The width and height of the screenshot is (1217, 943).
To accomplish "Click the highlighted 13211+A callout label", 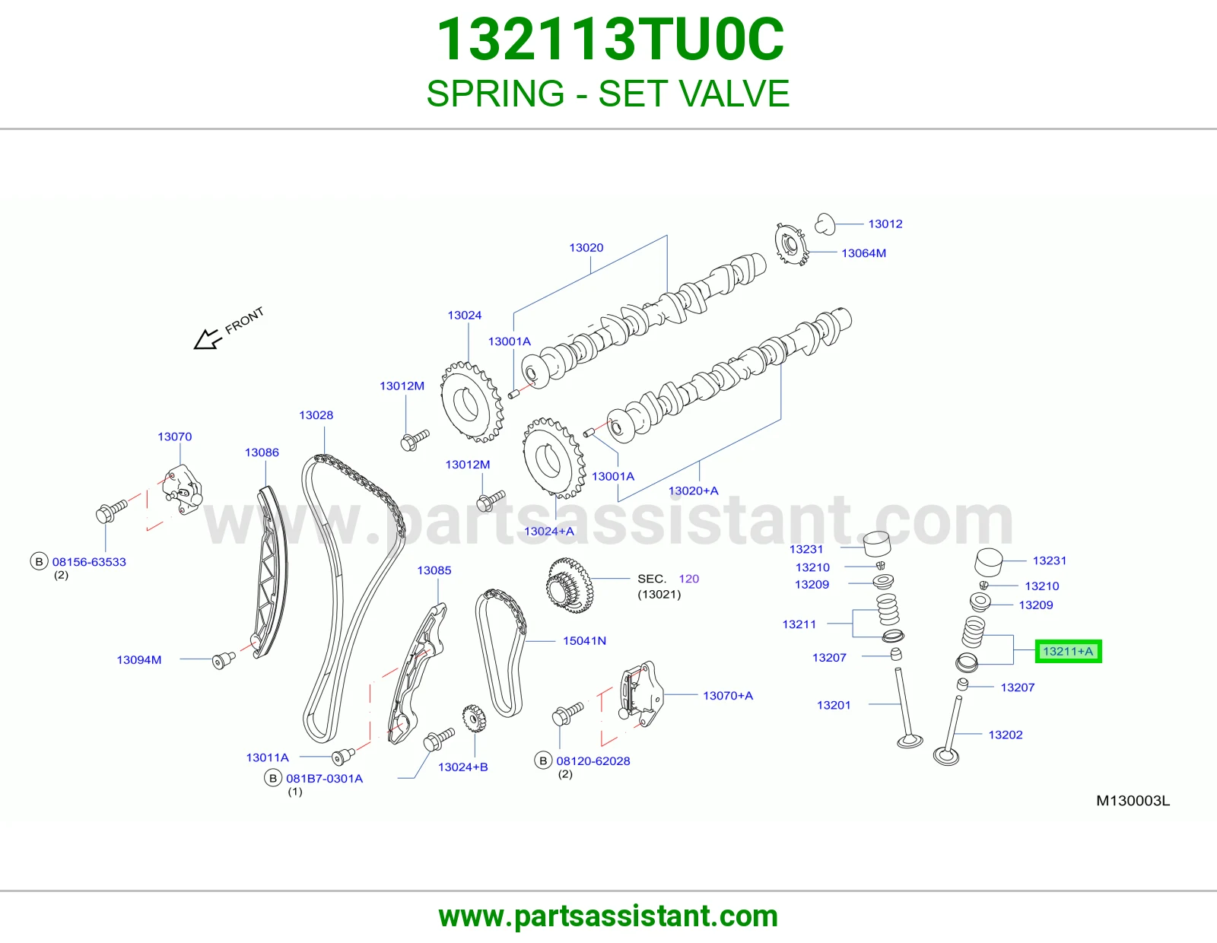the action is (x=1068, y=651).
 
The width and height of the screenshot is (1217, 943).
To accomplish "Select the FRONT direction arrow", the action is (x=207, y=338).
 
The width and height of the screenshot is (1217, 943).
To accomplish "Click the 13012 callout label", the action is (x=885, y=224).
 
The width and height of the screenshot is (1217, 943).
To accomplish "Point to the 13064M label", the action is (x=863, y=253).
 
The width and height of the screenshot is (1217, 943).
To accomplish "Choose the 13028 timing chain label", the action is (x=316, y=415).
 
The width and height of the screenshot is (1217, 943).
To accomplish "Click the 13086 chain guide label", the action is (x=262, y=452).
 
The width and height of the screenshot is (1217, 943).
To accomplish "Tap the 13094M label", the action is (x=139, y=659).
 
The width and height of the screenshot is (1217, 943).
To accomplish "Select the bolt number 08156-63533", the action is (x=89, y=562).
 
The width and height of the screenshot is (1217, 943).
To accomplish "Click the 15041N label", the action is (x=584, y=640).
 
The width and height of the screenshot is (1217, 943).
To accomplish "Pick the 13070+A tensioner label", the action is (x=727, y=696).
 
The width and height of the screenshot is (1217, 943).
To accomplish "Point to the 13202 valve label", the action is (x=1006, y=735).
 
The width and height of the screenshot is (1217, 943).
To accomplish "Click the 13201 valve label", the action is (x=834, y=705).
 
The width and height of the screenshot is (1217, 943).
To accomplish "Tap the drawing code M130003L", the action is (x=1133, y=801).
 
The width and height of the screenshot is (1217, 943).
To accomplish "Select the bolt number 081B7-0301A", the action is (x=324, y=779).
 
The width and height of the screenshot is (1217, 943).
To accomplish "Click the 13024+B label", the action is (x=462, y=767).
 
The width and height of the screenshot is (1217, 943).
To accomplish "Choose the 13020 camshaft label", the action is (x=586, y=247).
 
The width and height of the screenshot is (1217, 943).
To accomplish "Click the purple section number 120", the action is (x=689, y=579).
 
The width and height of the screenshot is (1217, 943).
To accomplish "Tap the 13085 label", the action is (x=434, y=570).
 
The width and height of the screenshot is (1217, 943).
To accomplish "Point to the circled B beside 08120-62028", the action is (x=542, y=761).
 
